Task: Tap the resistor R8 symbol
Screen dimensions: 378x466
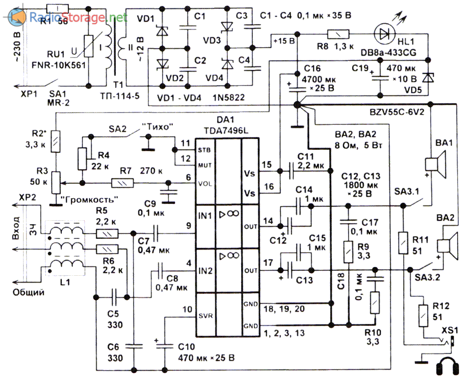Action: pos(338,34)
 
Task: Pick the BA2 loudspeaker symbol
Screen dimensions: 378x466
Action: pos(447,245)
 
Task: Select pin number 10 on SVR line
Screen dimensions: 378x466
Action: pos(187,310)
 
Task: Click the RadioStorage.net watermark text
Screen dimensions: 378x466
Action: pos(79,18)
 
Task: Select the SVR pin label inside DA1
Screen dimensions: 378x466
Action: pos(206,316)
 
